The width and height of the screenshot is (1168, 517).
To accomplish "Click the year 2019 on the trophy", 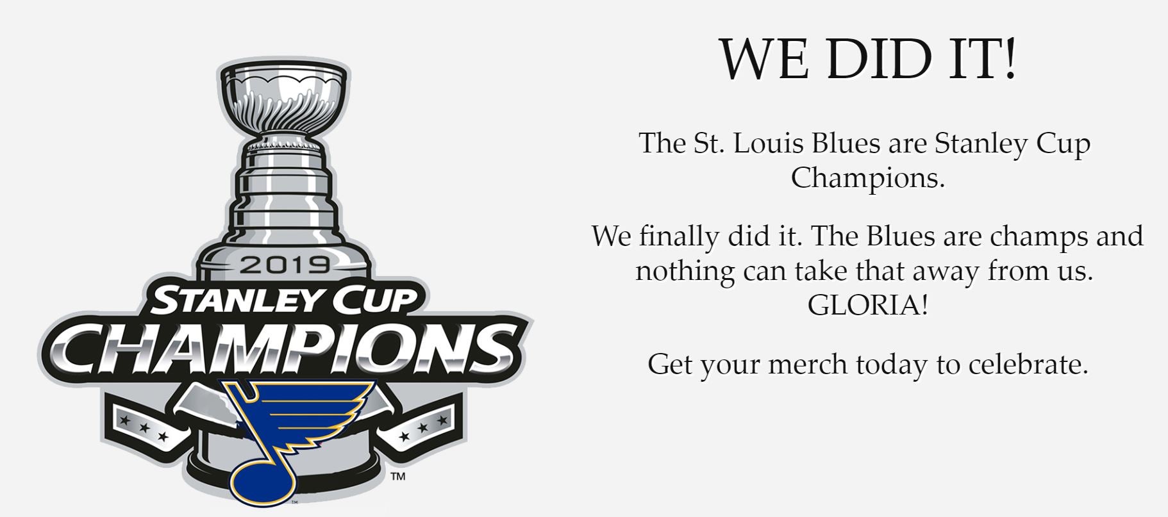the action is (x=286, y=265).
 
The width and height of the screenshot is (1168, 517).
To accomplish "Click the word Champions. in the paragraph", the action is (x=868, y=178).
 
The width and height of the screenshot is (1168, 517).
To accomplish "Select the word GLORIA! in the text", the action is (x=867, y=306).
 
